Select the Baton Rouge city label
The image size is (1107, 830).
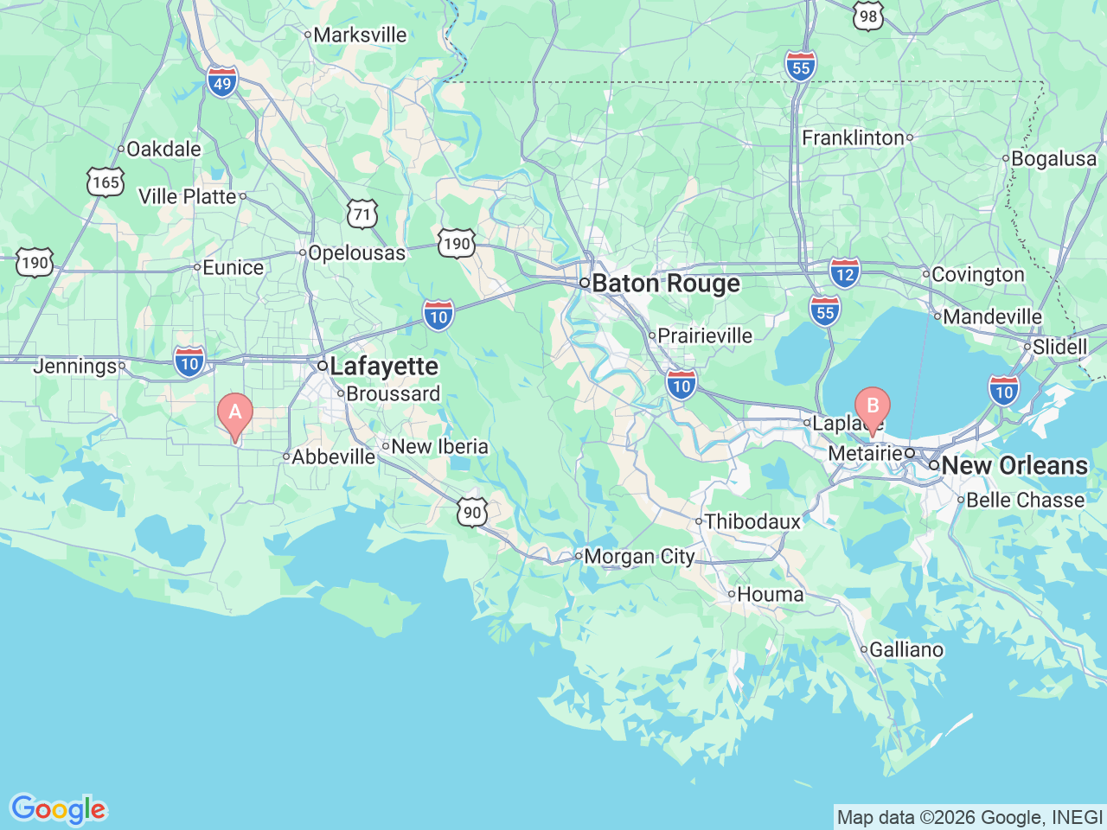point(665,284)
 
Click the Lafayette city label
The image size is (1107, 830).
point(383,367)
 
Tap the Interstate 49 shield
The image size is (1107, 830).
point(222,83)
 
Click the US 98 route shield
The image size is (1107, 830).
point(868,16)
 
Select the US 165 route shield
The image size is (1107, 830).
point(106,182)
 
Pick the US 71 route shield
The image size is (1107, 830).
point(362,214)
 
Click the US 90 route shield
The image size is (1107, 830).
point(472,512)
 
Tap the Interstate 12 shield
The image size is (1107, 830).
point(845,274)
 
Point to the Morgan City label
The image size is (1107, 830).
point(639,557)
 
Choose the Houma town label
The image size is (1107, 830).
point(770,595)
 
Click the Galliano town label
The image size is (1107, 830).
point(905,649)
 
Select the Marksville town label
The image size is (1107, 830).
point(359,35)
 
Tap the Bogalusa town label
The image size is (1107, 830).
point(1053,159)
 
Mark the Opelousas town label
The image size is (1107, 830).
point(356,253)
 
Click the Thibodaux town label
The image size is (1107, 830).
point(752,521)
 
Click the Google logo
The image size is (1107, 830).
point(58,809)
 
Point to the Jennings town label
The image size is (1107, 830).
point(74,367)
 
